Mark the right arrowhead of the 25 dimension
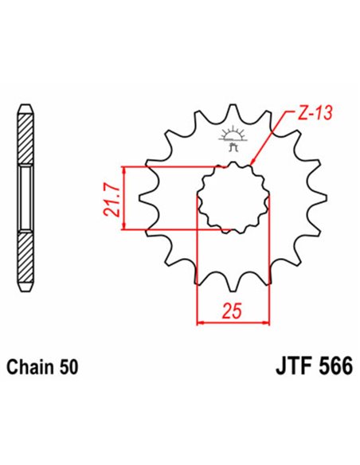[x=267, y=322]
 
